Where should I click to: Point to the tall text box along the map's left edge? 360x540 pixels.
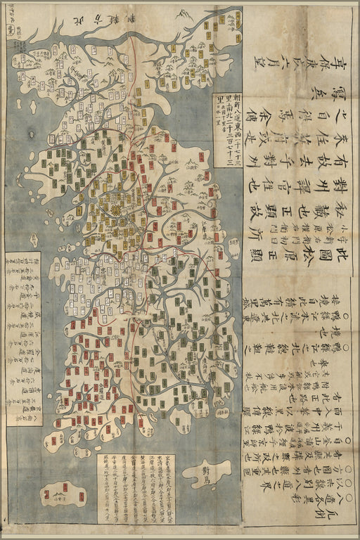click(x=23, y=339)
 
